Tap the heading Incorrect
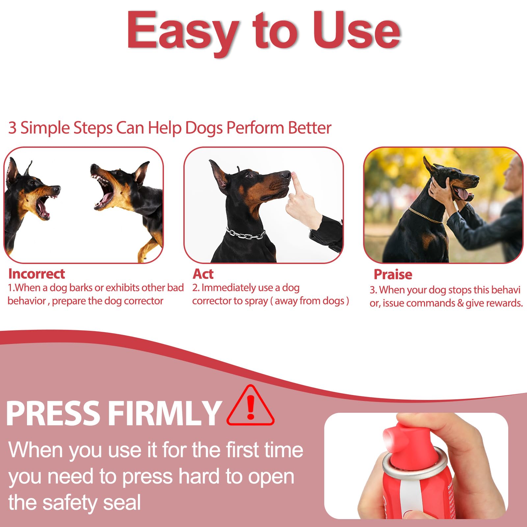click(x=36, y=274)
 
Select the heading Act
click(x=203, y=274)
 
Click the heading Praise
click(x=393, y=274)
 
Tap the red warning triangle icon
click(x=250, y=407)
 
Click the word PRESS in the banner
click(x=53, y=413)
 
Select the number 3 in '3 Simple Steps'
click(x=12, y=128)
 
